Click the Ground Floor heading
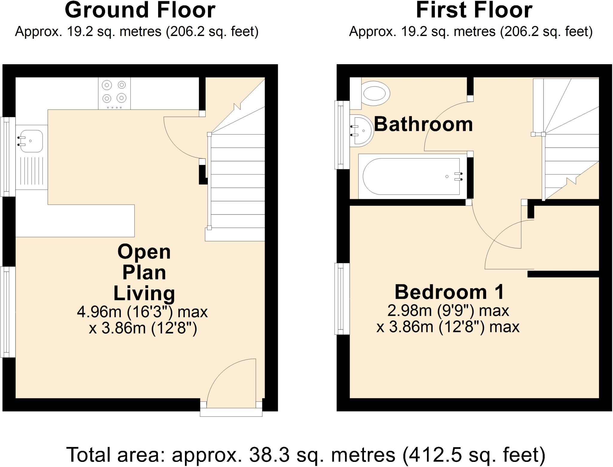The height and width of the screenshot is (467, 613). pyautogui.click(x=140, y=10)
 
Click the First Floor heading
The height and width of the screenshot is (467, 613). pyautogui.click(x=474, y=10)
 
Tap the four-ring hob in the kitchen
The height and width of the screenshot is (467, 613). pyautogui.click(x=114, y=93)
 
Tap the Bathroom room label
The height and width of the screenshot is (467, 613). pyautogui.click(x=423, y=124)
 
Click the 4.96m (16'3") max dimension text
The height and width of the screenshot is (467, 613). pyautogui.click(x=142, y=312)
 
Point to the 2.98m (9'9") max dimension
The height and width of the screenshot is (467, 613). pyautogui.click(x=448, y=311)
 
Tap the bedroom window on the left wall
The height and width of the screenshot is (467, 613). pyautogui.click(x=342, y=299)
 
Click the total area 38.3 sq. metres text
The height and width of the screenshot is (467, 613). pyautogui.click(x=305, y=454)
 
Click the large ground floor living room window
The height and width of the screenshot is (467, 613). pyautogui.click(x=8, y=312)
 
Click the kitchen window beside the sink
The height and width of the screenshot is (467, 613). pyautogui.click(x=8, y=156)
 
